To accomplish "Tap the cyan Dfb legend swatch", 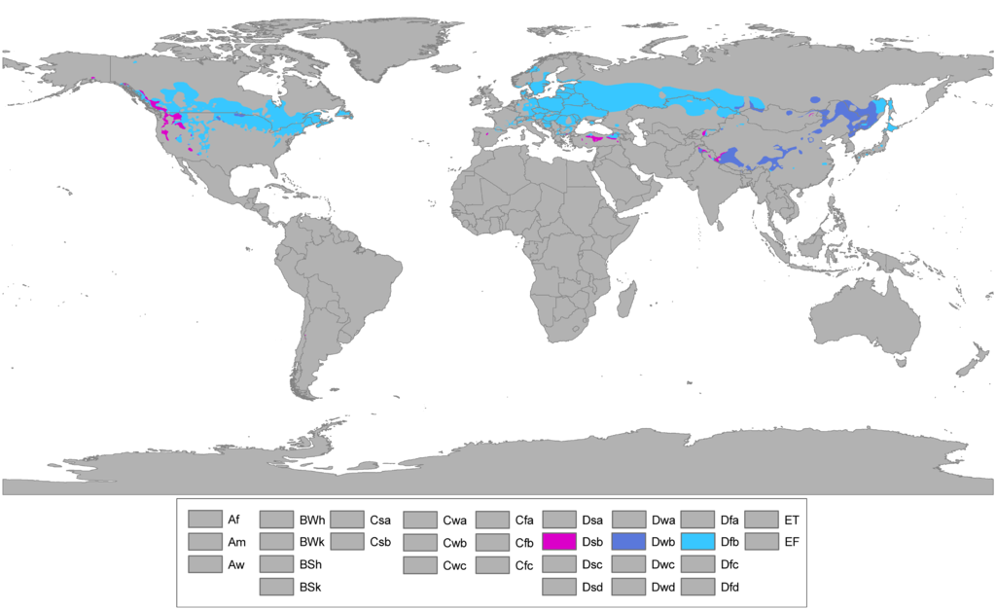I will (x=697, y=541).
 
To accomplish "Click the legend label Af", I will (x=234, y=519).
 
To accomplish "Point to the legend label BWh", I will (x=312, y=519).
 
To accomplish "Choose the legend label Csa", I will (x=380, y=519).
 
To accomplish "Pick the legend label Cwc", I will (x=454, y=564).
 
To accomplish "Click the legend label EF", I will (x=792, y=541).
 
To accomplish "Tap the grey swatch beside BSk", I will (x=276, y=587).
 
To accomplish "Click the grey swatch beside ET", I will (x=761, y=519).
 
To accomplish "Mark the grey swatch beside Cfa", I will (x=492, y=519).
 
